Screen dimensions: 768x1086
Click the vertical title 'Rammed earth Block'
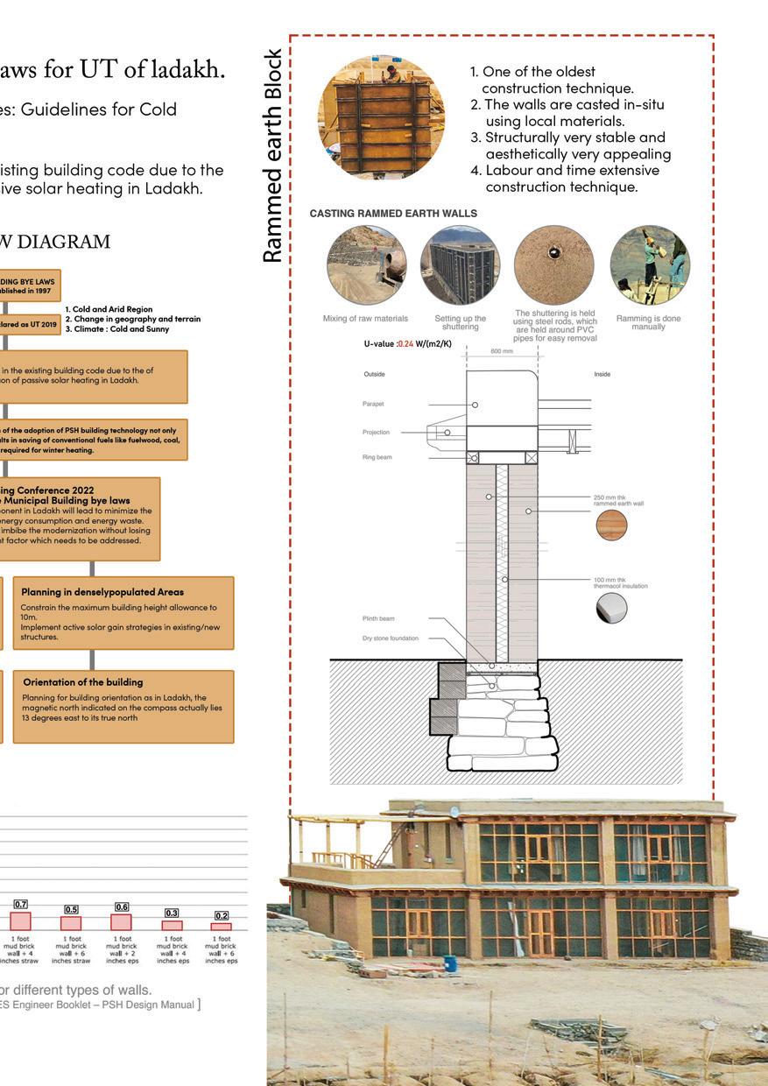[273, 156]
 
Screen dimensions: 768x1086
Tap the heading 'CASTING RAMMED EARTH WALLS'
[393, 214]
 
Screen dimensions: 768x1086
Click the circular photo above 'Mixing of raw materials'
[366, 265]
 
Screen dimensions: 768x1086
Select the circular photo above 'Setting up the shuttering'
[460, 265]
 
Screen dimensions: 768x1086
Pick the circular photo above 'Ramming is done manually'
[649, 265]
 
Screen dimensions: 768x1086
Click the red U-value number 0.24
[405, 344]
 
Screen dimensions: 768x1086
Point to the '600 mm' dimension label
[502, 351]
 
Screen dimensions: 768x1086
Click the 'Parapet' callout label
[373, 404]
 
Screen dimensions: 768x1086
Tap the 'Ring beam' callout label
[377, 457]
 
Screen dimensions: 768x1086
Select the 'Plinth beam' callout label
[378, 618]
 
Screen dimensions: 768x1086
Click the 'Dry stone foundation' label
[391, 638]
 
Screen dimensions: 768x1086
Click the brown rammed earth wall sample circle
[611, 525]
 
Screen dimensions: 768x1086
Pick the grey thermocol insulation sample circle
[611, 607]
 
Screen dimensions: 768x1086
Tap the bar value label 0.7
[20, 904]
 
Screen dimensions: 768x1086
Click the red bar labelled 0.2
[222, 926]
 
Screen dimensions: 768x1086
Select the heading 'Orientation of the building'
[83, 681]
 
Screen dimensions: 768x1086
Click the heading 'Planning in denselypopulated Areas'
[102, 592]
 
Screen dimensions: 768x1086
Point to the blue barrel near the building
[450, 963]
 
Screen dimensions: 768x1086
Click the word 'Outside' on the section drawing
[374, 375]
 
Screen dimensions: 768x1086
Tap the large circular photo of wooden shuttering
[381, 117]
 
